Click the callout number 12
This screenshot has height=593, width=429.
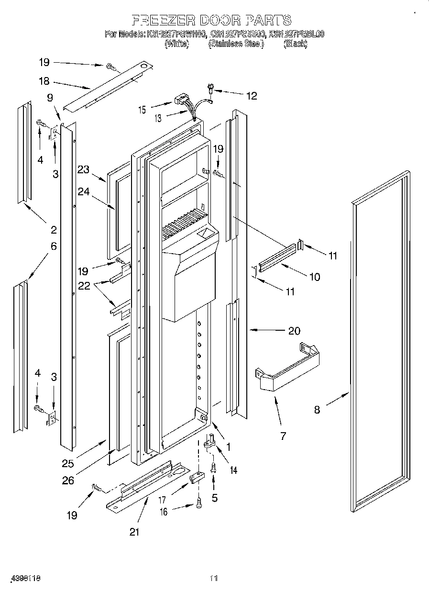pos(252,96)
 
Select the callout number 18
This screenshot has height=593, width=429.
pos(44,81)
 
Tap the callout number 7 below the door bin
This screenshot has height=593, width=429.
pos(283,436)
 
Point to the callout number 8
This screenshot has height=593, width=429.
pos(317,410)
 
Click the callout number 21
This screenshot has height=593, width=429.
pos(134,532)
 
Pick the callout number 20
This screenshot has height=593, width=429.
pos(294,331)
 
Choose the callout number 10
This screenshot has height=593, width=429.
pos(314,277)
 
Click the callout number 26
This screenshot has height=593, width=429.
pos(68,480)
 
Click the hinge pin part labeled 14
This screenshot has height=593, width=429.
pos(209,441)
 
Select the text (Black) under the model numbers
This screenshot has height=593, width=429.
pos(296,44)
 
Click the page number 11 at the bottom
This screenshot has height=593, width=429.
pos(214,579)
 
